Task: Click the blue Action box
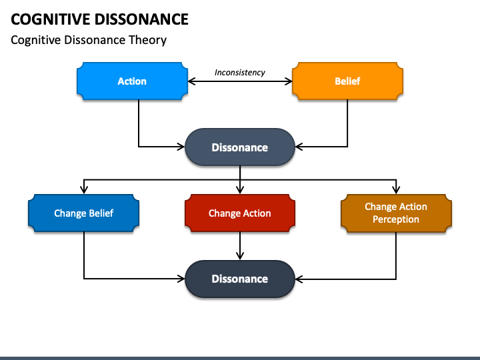132,81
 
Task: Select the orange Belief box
347,81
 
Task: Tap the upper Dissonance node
240,147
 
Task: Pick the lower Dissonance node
240,279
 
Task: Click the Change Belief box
83,213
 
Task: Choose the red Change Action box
240,213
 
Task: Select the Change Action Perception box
396,213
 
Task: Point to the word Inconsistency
240,73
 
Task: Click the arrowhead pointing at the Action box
191,81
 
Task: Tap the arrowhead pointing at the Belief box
289,81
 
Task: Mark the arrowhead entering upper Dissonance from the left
181,147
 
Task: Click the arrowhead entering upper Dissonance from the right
299,147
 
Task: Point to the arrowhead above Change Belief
84,190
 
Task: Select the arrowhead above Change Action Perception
396,190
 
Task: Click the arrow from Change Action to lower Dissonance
240,246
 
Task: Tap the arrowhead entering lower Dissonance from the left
181,279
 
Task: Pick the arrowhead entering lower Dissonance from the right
299,279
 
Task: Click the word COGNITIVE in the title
50,19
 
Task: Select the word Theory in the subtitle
147,40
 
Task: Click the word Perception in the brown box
396,219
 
